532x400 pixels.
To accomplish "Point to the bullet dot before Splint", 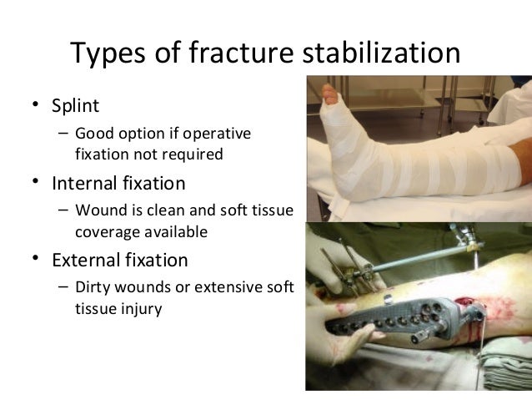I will (35, 106).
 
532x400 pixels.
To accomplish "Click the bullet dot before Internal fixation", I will (35, 181).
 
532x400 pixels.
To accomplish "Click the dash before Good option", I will (63, 134).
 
